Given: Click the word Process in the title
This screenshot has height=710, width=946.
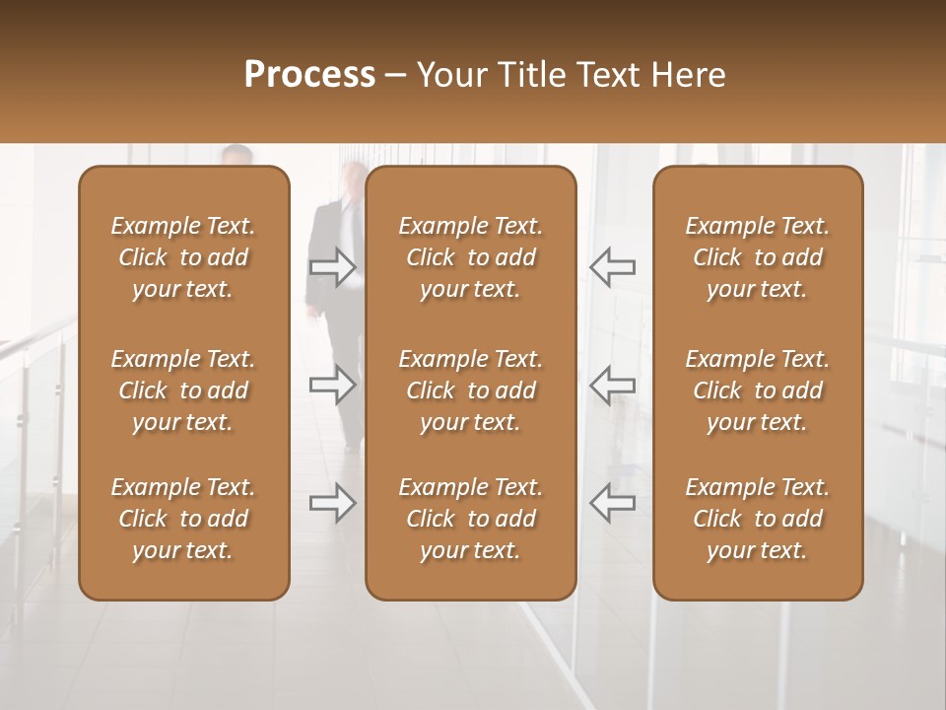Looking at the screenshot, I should point(309,74).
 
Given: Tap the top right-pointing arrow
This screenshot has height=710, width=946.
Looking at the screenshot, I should point(333,266).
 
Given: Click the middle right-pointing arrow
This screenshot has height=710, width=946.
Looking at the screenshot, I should point(333,385).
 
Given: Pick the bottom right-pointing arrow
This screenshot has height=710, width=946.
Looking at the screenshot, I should point(333,503).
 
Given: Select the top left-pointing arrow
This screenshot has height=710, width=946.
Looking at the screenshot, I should point(613,266).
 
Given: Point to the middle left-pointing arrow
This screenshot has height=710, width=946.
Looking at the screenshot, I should point(613,385).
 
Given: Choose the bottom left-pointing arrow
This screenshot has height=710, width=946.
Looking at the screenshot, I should point(613,503).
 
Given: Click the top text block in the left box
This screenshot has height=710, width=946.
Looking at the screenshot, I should point(183,257).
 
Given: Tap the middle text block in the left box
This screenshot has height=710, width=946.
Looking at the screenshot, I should point(183,390).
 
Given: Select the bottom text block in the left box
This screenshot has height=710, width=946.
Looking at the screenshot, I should point(183,519).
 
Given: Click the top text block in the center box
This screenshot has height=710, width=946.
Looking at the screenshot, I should point(471,257).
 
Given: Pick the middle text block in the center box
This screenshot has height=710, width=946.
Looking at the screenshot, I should point(471,390).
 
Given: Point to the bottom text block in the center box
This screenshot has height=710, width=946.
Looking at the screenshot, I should point(471,519).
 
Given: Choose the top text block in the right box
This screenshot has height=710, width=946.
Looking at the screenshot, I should point(758,257).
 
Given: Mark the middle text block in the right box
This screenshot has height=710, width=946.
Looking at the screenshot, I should point(758,390).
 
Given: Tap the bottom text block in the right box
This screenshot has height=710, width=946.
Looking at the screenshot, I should point(758,519).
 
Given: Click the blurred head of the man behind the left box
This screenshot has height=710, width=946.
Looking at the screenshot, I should point(236,155).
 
